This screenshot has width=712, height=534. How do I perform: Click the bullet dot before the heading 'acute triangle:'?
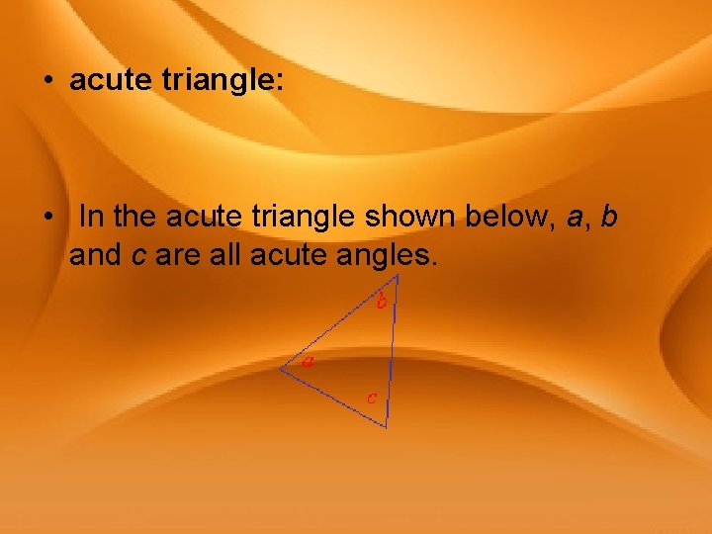pos(47,81)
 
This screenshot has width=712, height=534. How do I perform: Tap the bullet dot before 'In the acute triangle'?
pos(47,216)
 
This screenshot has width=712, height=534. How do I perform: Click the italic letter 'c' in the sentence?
pos(139,255)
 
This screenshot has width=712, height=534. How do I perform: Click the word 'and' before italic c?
pos(96,255)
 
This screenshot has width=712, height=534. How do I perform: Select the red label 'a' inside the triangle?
pos(309,362)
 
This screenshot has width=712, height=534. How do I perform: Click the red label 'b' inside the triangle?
pos(381,302)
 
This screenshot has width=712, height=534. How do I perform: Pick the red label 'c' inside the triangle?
pos(370,399)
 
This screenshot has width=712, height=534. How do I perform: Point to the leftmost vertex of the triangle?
pos(280,370)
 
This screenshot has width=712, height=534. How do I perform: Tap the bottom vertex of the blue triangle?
pos(386,426)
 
